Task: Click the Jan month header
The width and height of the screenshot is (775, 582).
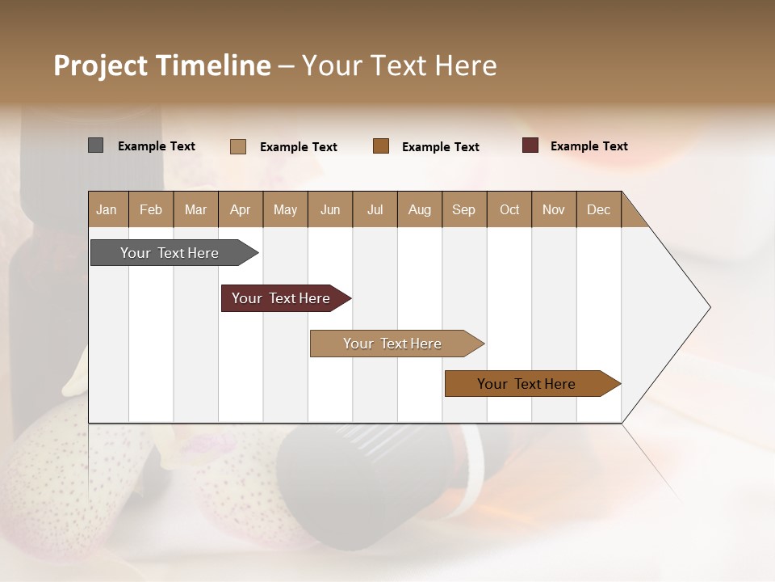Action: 107,209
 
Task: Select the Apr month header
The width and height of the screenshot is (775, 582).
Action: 240,209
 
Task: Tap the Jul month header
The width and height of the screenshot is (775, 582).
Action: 375,209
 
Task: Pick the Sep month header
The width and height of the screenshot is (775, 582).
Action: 463,209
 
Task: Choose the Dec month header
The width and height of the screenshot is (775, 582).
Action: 598,209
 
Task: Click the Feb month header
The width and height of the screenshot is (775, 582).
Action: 151,209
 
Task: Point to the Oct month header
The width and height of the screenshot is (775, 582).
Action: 509,209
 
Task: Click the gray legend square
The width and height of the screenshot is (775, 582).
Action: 95,145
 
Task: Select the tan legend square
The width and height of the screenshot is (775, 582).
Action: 238,146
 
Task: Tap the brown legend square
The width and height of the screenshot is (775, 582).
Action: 381,145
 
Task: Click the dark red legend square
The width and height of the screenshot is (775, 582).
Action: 530,145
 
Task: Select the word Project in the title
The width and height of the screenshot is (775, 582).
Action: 100,65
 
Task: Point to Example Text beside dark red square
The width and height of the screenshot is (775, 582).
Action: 589,145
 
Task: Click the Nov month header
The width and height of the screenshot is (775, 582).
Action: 553,209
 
